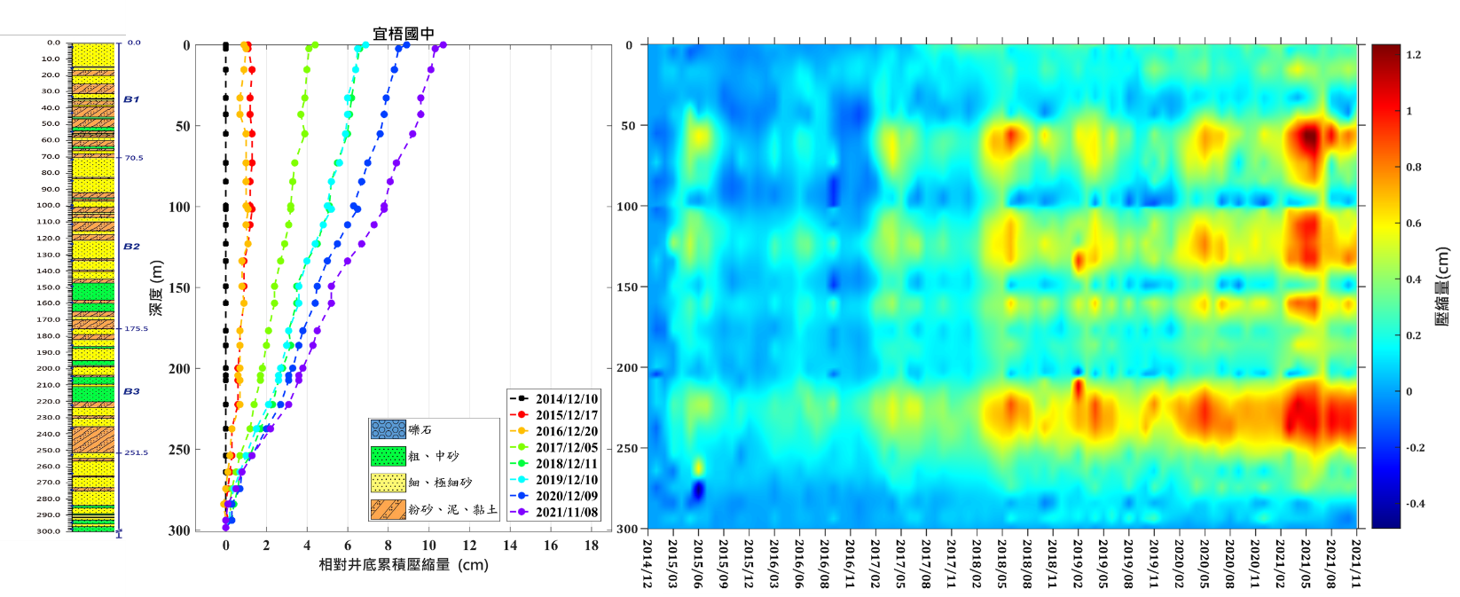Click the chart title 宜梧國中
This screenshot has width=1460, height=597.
(x=404, y=34)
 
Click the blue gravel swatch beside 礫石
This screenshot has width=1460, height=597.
(x=388, y=430)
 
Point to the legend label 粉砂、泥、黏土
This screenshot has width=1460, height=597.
(x=452, y=509)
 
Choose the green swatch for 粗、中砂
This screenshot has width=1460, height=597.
(x=388, y=456)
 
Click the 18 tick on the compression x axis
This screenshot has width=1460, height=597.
(x=592, y=546)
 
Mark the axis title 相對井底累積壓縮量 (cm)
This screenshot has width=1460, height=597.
(x=404, y=565)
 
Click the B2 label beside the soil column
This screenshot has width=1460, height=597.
(x=131, y=247)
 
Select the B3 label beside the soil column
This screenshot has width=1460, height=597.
(x=131, y=391)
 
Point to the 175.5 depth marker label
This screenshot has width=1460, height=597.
(x=136, y=329)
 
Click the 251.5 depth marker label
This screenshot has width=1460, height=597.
(x=136, y=453)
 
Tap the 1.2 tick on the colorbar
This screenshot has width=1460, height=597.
(x=1413, y=55)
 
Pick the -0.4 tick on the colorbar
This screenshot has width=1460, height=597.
(x=1415, y=504)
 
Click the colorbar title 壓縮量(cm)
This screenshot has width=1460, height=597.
(x=1441, y=286)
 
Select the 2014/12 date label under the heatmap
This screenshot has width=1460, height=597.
(x=648, y=562)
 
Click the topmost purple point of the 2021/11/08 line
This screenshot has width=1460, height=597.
(x=443, y=45)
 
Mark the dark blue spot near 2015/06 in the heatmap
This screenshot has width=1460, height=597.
(x=697, y=490)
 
